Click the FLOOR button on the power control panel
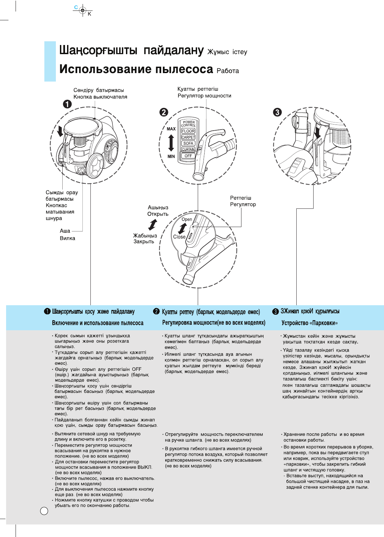pyautogui.click(x=188, y=131)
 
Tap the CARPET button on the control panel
pyautogui.click(x=188, y=137)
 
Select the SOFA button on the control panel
pyautogui.click(x=188, y=143)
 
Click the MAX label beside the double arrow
pyautogui.click(x=171, y=129)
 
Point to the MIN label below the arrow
pyautogui.click(x=171, y=156)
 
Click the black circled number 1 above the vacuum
pyautogui.click(x=67, y=104)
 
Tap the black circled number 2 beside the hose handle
pyautogui.click(x=164, y=112)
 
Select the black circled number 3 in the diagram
pyautogui.click(x=277, y=112)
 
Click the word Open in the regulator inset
pyautogui.click(x=187, y=219)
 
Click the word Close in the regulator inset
pyautogui.click(x=179, y=237)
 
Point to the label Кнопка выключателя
pyautogui.click(x=100, y=97)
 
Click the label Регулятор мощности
pyautogui.click(x=204, y=96)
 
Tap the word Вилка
pyautogui.click(x=67, y=238)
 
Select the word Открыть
pyautogui.click(x=158, y=214)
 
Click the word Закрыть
pyautogui.click(x=144, y=242)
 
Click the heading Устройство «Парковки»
pyautogui.click(x=310, y=323)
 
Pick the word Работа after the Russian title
pyautogui.click(x=228, y=71)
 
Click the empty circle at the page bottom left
pyautogui.click(x=44, y=511)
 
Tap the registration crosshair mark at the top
pyautogui.click(x=83, y=10)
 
